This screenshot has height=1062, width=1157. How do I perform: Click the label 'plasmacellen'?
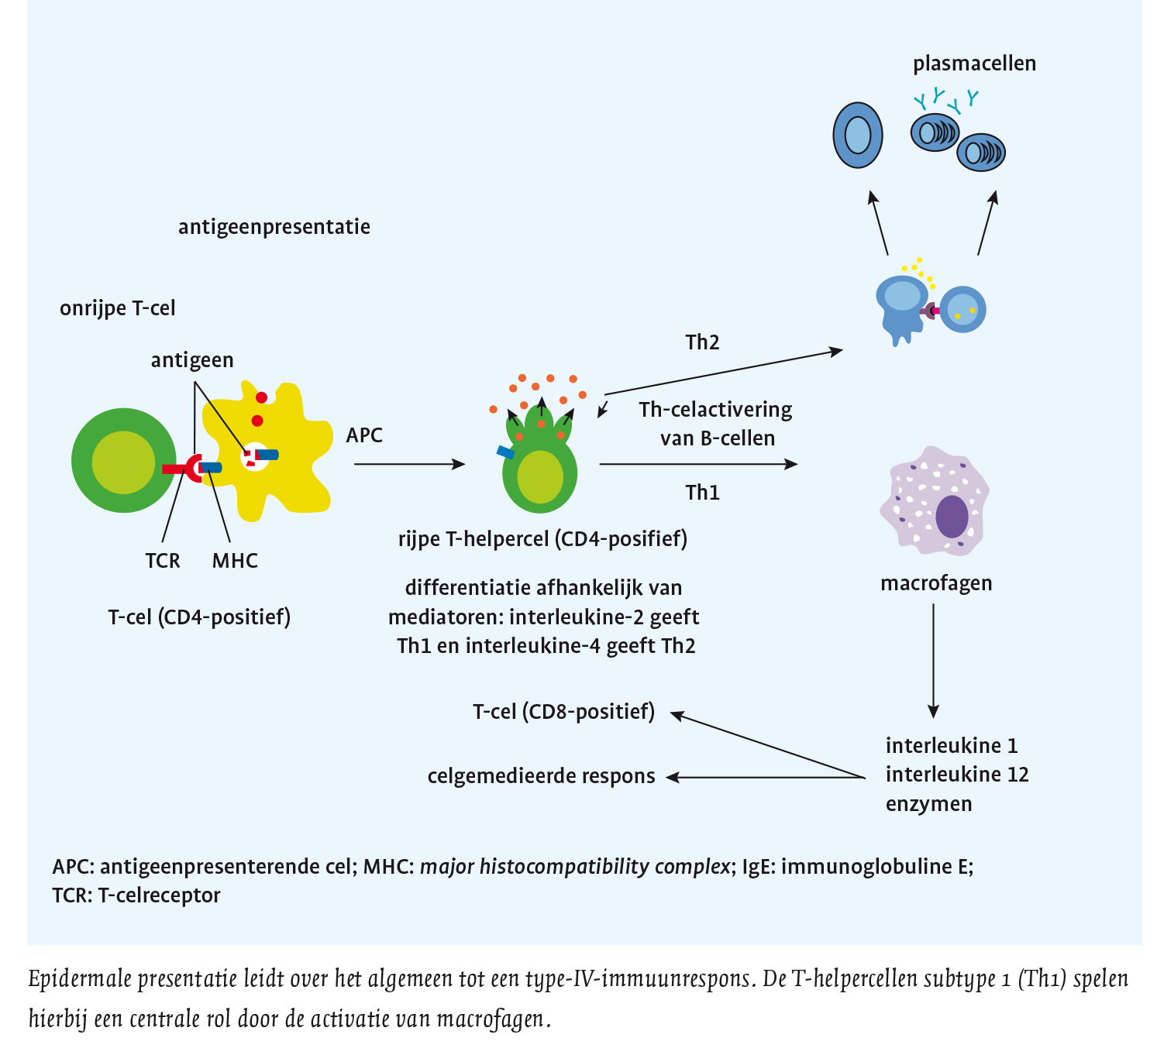click(974, 64)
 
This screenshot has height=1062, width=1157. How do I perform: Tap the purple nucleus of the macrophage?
click(952, 516)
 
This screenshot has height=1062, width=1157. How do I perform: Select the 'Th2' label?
click(702, 342)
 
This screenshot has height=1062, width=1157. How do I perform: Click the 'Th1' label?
click(702, 493)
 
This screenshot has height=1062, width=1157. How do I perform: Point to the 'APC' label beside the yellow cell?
click(364, 435)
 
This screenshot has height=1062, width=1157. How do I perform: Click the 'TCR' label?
click(163, 561)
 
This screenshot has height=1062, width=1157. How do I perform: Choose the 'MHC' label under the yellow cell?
click(235, 561)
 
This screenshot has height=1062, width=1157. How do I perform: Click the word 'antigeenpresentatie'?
click(274, 227)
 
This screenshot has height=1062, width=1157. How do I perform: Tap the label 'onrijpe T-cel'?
click(118, 308)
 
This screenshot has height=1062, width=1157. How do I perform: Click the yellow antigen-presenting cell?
click(294, 480)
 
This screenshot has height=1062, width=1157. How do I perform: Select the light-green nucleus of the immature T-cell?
click(123, 462)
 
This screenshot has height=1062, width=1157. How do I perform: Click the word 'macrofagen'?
click(936, 583)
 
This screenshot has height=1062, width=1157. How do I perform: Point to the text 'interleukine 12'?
click(957, 775)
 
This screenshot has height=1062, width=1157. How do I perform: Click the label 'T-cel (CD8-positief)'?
click(563, 711)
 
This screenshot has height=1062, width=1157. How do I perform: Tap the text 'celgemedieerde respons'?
click(541, 776)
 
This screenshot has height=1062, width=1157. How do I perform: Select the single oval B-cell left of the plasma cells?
click(858, 135)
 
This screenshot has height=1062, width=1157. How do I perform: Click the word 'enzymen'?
click(928, 804)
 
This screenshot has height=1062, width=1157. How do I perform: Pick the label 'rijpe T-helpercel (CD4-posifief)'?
click(542, 539)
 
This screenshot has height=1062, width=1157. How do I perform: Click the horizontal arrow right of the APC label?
click(408, 464)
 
